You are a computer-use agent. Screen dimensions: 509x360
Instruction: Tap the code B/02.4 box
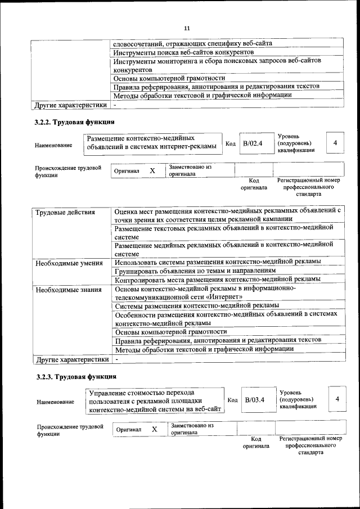pos(253,143)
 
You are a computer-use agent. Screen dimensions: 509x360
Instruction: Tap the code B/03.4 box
pos(255,400)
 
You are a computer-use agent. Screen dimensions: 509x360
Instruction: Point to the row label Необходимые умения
pos(69,263)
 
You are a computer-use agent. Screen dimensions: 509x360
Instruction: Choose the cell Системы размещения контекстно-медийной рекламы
pos(197,305)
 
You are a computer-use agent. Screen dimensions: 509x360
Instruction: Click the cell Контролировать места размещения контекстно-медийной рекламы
pos(217,280)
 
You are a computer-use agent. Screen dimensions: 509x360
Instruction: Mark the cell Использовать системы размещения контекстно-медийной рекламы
pos(217,262)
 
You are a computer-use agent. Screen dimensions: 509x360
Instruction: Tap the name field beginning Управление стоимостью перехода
pos(154,400)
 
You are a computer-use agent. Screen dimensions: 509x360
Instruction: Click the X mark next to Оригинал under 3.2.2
pos(152,170)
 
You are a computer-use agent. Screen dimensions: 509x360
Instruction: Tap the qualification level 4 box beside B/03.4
pos(337,399)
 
